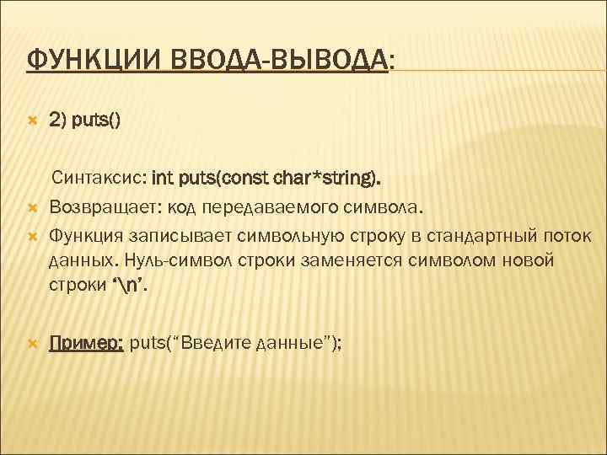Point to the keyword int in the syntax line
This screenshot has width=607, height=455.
162,179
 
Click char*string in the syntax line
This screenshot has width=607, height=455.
333,179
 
